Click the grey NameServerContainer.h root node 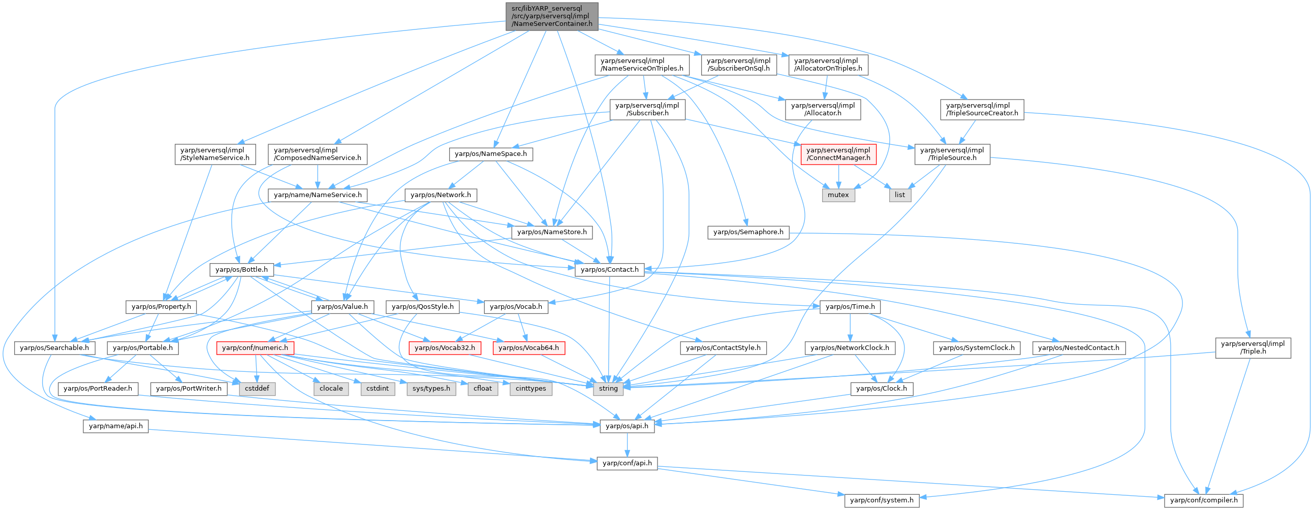pyautogui.click(x=551, y=16)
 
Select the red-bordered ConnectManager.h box pyautogui.click(x=838, y=154)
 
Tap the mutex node pyautogui.click(x=838, y=195)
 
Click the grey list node pyautogui.click(x=899, y=195)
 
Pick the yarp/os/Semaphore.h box pyautogui.click(x=748, y=232)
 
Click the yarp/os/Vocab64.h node pyautogui.click(x=528, y=348)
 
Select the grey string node pyautogui.click(x=608, y=388)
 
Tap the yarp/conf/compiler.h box pyautogui.click(x=1203, y=500)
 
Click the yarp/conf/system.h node pyautogui.click(x=882, y=500)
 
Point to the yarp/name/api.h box pyautogui.click(x=116, y=426)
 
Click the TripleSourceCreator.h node pyautogui.click(x=982, y=109)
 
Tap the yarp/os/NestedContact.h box pyautogui.click(x=1079, y=348)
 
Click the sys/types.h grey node pyautogui.click(x=431, y=388)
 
